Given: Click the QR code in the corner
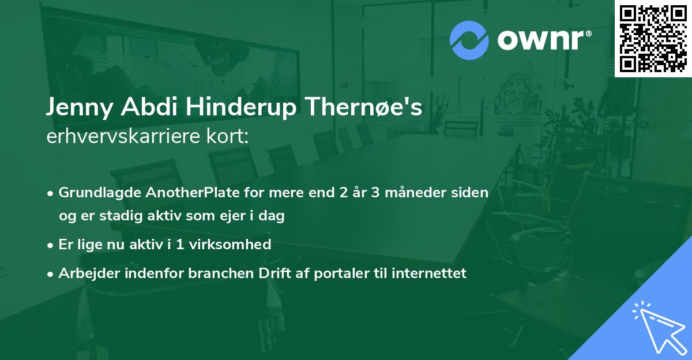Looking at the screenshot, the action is (653, 38).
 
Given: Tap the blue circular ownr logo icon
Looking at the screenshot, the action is (469, 40).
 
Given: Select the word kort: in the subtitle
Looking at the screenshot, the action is (227, 136).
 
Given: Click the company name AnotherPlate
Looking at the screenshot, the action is (193, 193).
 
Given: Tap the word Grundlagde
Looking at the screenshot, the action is (100, 193).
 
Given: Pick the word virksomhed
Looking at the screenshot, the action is (230, 245).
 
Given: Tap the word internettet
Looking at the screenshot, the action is (429, 273).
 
